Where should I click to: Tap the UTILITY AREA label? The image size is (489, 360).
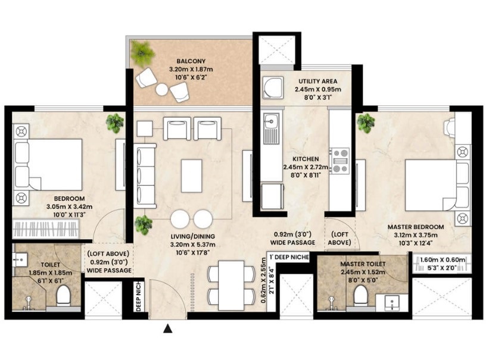click(318, 81)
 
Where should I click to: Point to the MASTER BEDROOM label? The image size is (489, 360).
click(416, 227)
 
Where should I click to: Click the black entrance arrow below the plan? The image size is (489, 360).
click(168, 328)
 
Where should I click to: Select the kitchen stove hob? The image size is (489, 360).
click(340, 161)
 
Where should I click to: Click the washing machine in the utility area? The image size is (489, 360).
click(273, 87)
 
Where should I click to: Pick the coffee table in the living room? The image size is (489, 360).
click(191, 176)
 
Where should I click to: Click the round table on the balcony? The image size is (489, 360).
click(162, 90)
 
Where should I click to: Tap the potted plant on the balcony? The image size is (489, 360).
click(142, 54)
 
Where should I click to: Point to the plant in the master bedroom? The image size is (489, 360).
click(366, 123)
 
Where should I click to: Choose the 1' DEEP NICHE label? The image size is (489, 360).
click(289, 257)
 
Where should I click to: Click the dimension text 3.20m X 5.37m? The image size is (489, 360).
click(193, 245)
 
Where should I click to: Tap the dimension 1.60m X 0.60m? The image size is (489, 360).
click(442, 259)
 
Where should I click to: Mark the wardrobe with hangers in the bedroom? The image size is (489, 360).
click(45, 229)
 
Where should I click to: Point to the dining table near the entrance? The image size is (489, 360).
click(232, 285)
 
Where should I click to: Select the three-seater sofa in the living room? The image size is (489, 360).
click(145, 176)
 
